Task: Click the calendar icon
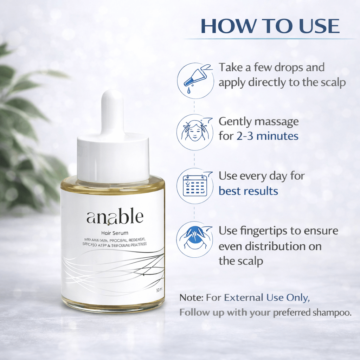click(x=195, y=186)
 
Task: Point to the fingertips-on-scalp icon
click(x=195, y=239)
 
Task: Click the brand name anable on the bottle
click(x=115, y=217)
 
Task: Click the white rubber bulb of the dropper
click(x=112, y=109)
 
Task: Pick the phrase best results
click(x=248, y=191)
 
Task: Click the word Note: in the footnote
click(x=192, y=298)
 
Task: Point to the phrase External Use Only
click(x=267, y=298)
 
